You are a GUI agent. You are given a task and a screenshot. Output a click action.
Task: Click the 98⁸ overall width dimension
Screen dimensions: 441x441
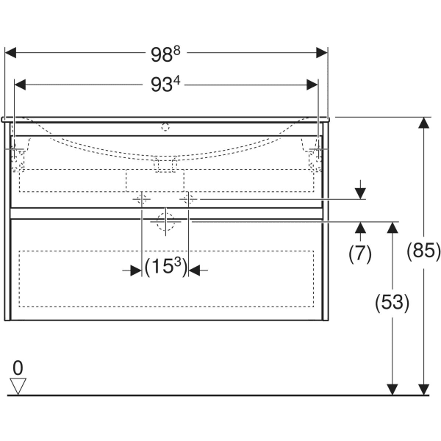[x=165, y=54]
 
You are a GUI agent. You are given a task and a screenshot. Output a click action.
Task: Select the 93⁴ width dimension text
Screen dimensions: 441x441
[x=165, y=84]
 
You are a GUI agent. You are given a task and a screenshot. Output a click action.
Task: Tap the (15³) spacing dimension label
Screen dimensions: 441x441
[x=165, y=267]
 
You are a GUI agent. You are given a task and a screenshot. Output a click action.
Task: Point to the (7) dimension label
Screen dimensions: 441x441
[x=360, y=254]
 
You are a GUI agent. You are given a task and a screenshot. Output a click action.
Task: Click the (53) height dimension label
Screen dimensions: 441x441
[x=392, y=303]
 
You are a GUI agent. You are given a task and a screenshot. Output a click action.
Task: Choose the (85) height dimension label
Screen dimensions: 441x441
[x=423, y=251]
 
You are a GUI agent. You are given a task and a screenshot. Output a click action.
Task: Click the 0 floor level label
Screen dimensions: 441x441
[x=18, y=367]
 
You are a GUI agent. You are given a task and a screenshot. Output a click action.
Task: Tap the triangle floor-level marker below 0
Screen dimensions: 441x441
[x=18, y=386]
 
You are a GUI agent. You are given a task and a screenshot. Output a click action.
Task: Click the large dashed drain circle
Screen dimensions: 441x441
[x=165, y=222]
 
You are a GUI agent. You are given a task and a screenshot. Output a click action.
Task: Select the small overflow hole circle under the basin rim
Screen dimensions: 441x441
[x=165, y=127]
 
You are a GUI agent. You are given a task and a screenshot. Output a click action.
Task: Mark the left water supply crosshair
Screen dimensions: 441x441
[x=142, y=199]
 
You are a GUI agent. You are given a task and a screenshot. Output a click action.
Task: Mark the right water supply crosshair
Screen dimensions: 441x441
[x=188, y=199]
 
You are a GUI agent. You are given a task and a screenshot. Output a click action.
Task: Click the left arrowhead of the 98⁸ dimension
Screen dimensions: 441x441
[x=10, y=53]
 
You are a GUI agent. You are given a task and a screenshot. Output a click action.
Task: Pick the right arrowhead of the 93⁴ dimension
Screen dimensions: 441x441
[x=312, y=85]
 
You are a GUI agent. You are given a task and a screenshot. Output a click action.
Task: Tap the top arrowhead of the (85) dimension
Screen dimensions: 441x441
[x=424, y=123]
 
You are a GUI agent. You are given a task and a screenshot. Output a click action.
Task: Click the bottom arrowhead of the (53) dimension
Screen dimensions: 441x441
[x=392, y=390]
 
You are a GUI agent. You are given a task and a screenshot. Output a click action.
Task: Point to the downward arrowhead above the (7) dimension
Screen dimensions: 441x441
[x=360, y=194]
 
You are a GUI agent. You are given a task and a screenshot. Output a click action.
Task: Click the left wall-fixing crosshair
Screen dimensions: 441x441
[x=14, y=148]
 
